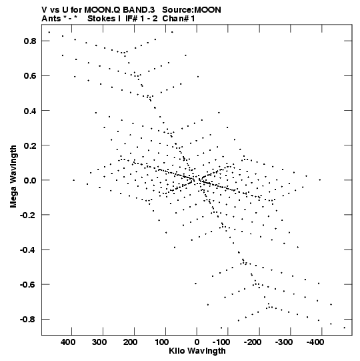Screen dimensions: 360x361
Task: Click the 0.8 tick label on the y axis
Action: (30, 41)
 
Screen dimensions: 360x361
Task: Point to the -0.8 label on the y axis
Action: (28, 320)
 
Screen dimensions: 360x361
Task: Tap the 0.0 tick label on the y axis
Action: (30, 180)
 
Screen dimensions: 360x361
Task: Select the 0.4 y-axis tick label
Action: (30, 111)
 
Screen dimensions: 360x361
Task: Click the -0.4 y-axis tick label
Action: (28, 250)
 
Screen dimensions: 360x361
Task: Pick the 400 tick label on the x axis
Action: (68, 342)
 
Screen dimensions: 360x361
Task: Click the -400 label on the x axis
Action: (315, 342)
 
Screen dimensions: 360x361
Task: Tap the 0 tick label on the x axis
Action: (197, 342)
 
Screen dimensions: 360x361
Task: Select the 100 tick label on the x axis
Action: (161, 342)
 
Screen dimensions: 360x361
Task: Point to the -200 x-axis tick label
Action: (253, 342)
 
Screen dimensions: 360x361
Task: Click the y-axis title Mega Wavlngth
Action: (13, 177)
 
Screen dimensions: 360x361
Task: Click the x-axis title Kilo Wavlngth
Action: (197, 351)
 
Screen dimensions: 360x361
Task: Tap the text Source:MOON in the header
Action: (191, 10)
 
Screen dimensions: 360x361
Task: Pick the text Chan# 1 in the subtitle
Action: (179, 19)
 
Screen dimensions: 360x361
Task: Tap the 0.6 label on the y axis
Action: (30, 76)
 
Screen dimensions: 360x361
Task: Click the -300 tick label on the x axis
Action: (284, 342)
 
